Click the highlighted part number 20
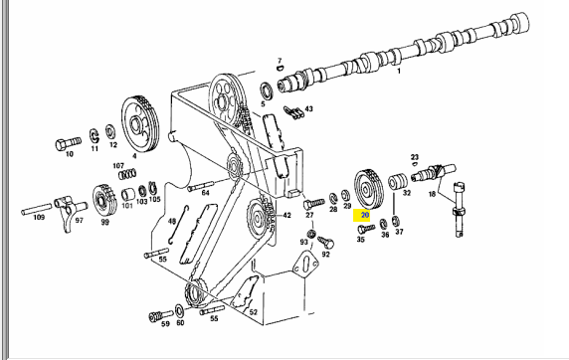click(365, 215)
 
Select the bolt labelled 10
click(68, 143)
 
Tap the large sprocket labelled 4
click(139, 125)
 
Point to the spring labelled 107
click(127, 174)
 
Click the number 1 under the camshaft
click(399, 72)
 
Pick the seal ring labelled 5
click(268, 91)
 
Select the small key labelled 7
click(281, 68)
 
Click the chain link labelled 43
click(293, 112)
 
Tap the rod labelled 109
click(37, 209)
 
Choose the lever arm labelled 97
click(69, 210)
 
